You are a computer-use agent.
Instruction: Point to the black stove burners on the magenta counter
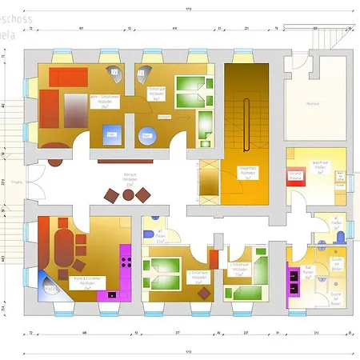[x=123, y=259]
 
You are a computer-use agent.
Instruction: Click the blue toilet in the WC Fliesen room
[x=341, y=237]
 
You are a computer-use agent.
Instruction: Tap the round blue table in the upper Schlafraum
[x=148, y=135]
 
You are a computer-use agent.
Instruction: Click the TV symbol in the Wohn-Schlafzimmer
[x=114, y=73]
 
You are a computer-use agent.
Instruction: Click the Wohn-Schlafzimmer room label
[x=100, y=99]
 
